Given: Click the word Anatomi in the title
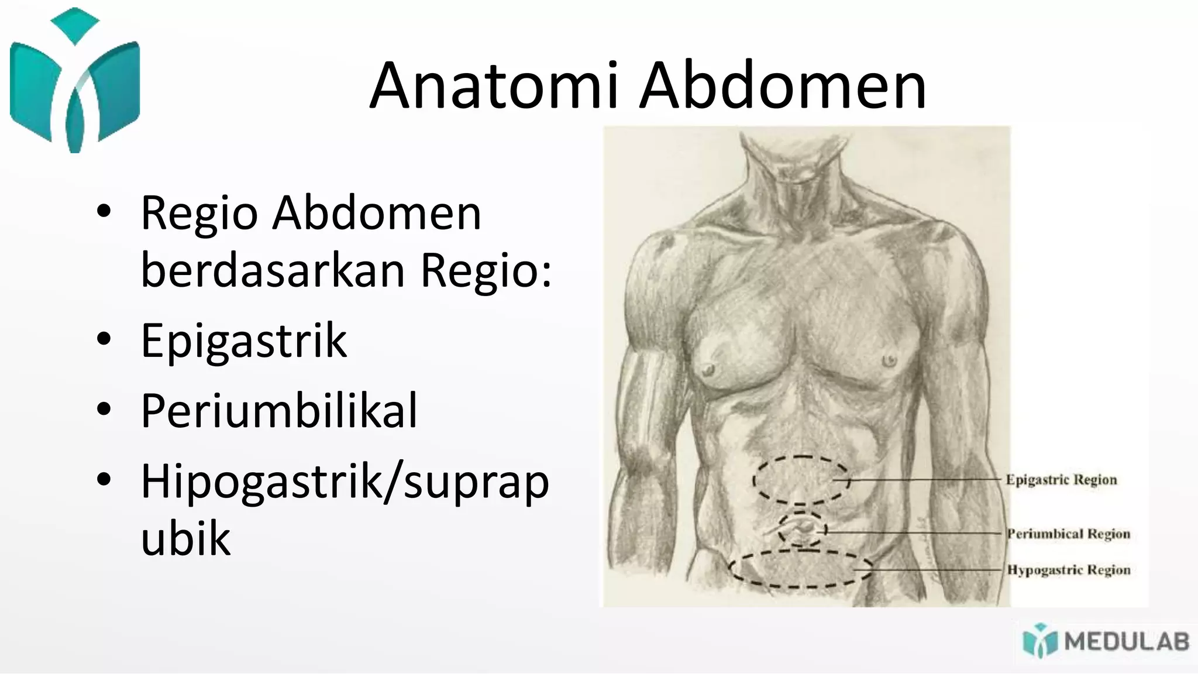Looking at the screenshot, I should click(x=494, y=86).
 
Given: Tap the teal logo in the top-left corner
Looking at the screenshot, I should click(x=75, y=82).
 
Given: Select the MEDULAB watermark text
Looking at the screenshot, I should click(x=1126, y=642).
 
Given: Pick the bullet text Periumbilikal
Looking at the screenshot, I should click(x=279, y=411).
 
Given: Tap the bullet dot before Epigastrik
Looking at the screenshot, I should click(x=104, y=339).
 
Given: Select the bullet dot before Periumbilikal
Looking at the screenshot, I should click(x=104, y=410).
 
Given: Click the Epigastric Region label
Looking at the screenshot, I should click(x=1061, y=480).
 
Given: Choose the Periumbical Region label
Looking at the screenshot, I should click(x=1068, y=534).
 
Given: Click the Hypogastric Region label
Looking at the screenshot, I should click(x=1068, y=570).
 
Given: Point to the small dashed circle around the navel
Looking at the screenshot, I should click(x=803, y=529).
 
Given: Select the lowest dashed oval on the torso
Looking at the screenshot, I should click(x=800, y=569).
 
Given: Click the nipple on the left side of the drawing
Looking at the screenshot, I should click(x=709, y=369).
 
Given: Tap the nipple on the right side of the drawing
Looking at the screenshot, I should click(x=889, y=359).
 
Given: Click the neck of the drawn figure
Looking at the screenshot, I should click(x=796, y=170).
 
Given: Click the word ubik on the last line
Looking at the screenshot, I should click(x=185, y=538).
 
